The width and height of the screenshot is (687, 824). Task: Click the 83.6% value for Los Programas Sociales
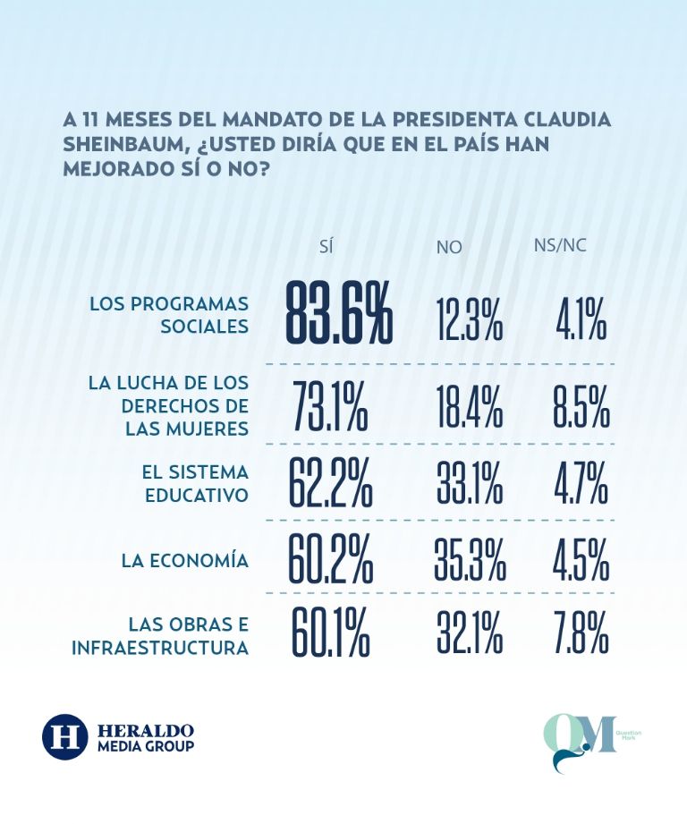(x=339, y=314)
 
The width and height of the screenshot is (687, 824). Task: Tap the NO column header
(x=449, y=247)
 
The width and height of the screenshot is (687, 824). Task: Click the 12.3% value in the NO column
(x=470, y=319)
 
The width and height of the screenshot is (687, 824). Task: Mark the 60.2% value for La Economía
(x=330, y=558)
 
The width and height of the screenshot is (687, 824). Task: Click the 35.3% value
(x=471, y=558)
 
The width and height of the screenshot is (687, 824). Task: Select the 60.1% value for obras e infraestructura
(x=330, y=633)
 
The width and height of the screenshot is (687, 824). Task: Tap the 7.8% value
(x=580, y=633)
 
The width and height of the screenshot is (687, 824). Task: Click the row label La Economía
(x=185, y=561)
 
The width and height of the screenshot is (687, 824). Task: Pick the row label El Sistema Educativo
(x=195, y=481)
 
